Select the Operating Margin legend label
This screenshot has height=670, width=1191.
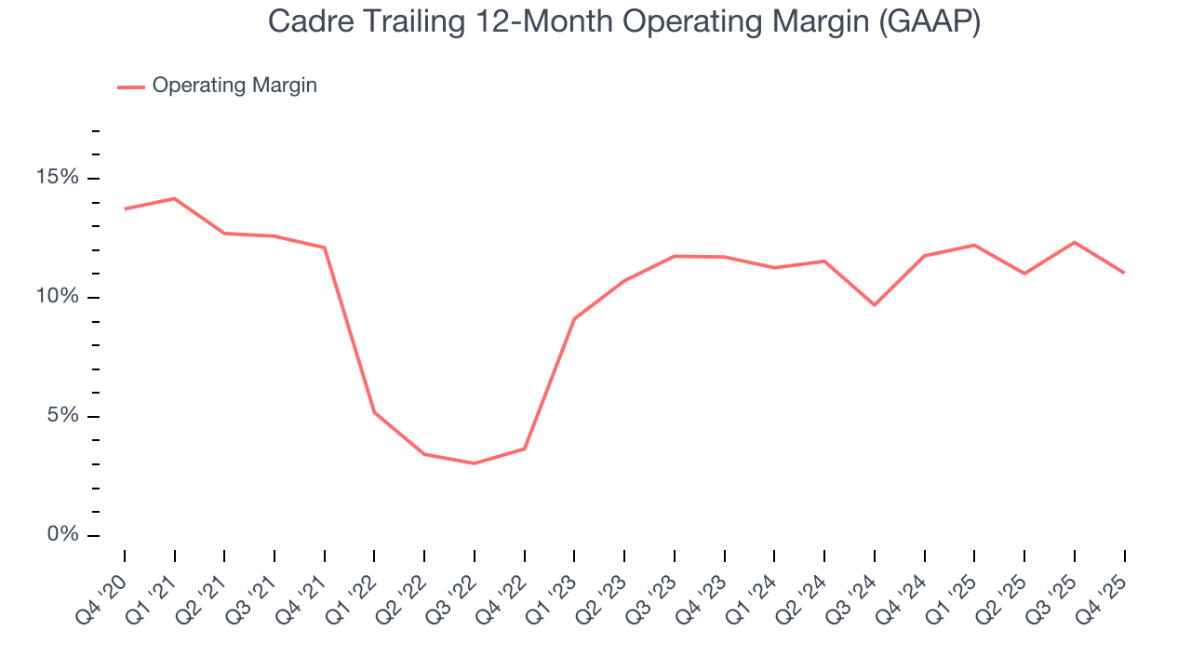(x=234, y=86)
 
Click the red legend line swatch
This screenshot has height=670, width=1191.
(x=131, y=87)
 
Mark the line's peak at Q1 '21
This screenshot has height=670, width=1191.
(x=174, y=198)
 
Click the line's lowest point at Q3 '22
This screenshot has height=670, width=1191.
(x=475, y=463)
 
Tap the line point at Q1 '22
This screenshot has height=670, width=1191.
(x=374, y=412)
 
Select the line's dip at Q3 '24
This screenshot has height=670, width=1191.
(x=875, y=305)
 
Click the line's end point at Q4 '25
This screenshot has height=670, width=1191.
(x=1124, y=273)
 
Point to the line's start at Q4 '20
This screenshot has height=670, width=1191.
(x=125, y=208)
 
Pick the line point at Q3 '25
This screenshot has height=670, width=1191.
(x=1075, y=242)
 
